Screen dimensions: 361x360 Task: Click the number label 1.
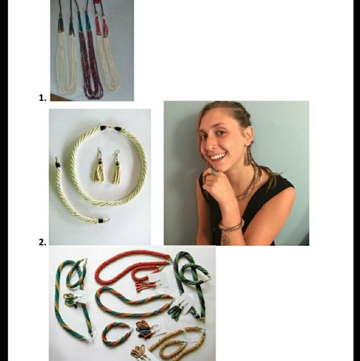coord(42,98)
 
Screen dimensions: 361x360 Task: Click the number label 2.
coord(42,242)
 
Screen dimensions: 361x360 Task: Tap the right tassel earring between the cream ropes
coord(116,169)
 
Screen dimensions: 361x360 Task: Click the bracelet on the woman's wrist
coord(232,225)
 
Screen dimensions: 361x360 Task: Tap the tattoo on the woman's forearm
coord(225,238)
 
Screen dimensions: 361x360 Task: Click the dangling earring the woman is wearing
coord(249,156)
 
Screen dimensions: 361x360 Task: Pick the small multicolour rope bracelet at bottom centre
coord(116,335)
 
